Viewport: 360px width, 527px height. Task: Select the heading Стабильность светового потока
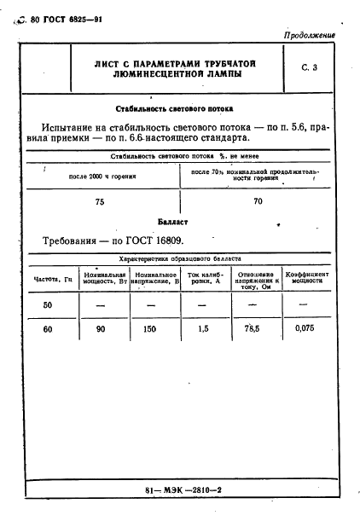180,108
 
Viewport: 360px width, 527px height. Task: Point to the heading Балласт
180,220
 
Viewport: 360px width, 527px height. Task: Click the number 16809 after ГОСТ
165,240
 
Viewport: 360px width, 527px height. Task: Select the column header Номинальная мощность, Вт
105,278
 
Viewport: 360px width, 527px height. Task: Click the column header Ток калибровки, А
204,278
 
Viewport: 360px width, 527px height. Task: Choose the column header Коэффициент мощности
305,278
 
